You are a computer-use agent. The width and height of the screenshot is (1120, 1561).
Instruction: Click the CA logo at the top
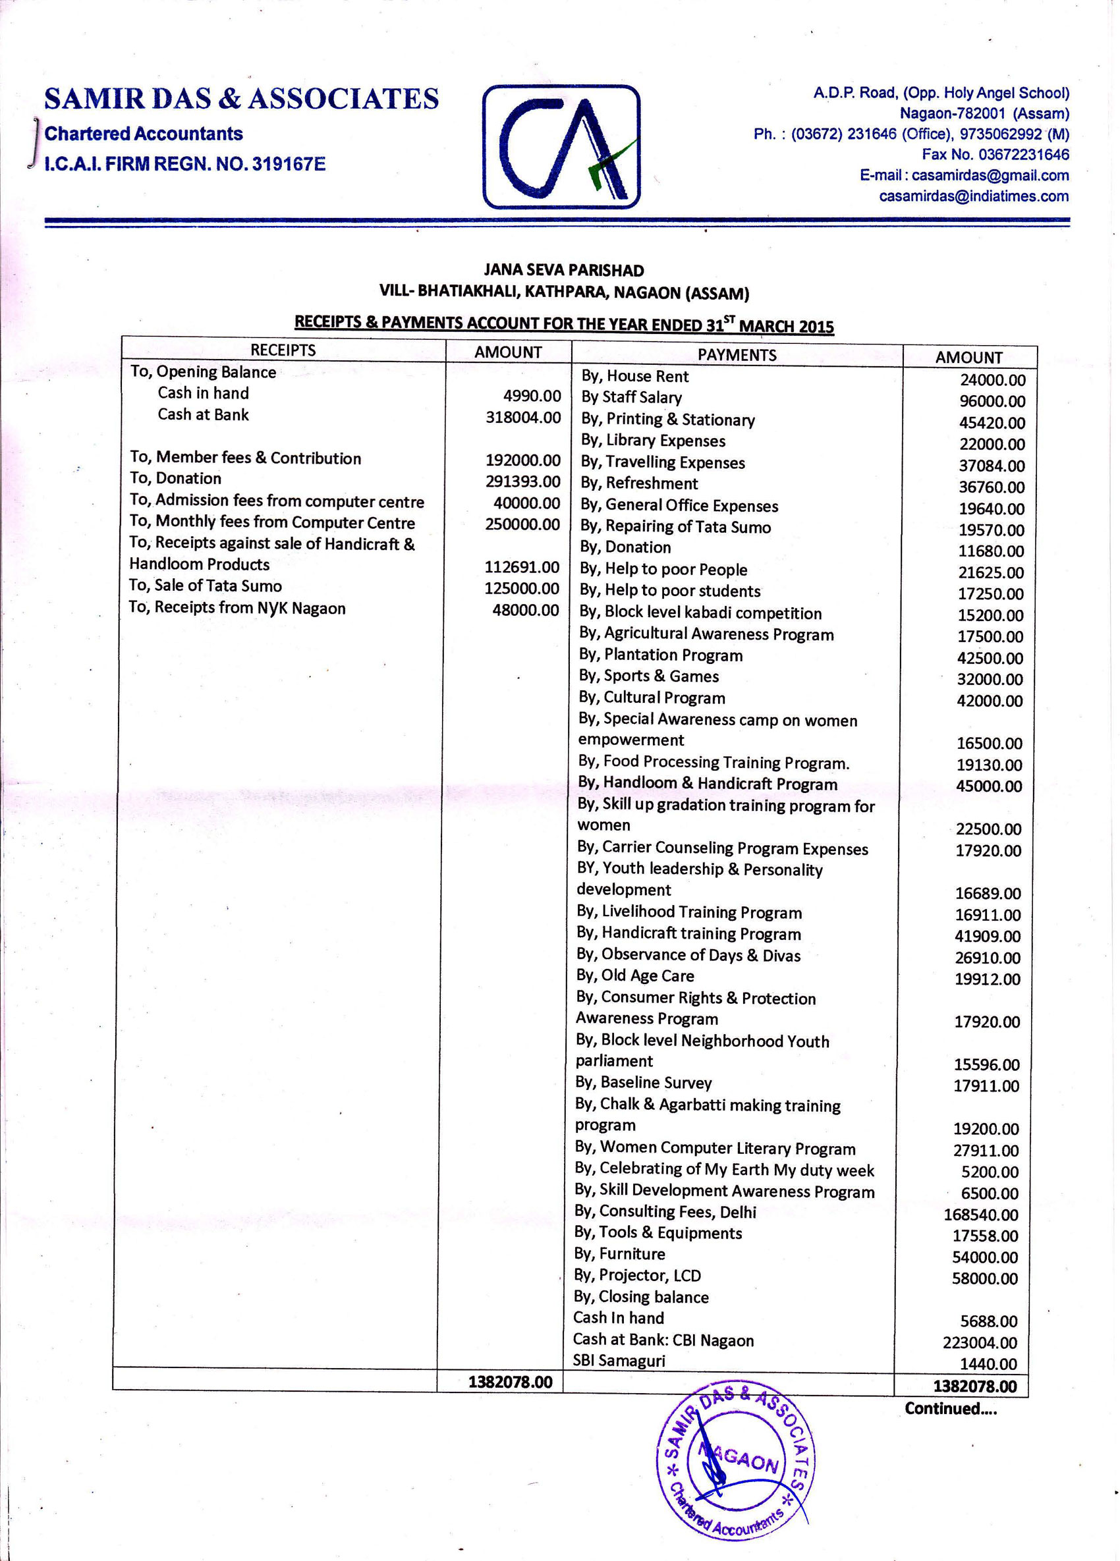pyautogui.click(x=561, y=147)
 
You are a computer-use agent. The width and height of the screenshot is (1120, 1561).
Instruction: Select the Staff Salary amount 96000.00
pyautogui.click(x=992, y=401)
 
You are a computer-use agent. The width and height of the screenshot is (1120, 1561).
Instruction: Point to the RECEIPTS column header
pyautogui.click(x=283, y=350)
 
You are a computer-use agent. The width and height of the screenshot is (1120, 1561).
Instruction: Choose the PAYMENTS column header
pyautogui.click(x=737, y=355)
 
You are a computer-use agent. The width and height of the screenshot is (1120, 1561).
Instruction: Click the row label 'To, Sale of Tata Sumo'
pyautogui.click(x=205, y=586)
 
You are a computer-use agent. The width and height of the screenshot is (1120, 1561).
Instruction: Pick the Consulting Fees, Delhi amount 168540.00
pyautogui.click(x=980, y=1215)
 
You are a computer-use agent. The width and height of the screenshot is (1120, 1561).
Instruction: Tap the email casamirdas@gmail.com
pyautogui.click(x=964, y=175)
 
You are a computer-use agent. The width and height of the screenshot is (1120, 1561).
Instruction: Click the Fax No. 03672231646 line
pyautogui.click(x=995, y=155)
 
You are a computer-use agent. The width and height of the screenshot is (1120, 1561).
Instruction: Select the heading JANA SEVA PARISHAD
pyautogui.click(x=563, y=271)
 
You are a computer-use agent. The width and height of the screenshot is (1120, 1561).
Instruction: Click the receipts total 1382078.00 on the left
pyautogui.click(x=510, y=1382)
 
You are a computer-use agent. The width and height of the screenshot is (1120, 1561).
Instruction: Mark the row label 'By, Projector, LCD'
pyautogui.click(x=638, y=1275)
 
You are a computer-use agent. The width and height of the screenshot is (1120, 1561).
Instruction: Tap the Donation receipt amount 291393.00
pyautogui.click(x=522, y=481)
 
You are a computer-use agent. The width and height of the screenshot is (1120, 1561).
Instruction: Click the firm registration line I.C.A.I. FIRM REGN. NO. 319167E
pyautogui.click(x=184, y=165)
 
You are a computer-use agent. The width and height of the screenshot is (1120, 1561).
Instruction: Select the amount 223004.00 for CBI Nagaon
pyautogui.click(x=980, y=1343)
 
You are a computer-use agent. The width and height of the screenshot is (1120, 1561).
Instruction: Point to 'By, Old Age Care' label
pyautogui.click(x=634, y=976)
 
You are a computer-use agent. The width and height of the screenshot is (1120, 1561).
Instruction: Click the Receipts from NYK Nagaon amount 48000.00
pyautogui.click(x=525, y=610)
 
